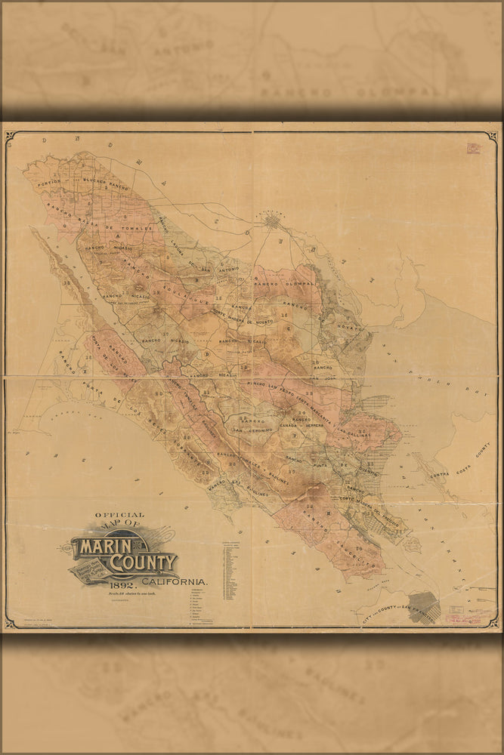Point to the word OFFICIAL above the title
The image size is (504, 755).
pos(119,516)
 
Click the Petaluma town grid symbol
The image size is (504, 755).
pos(273,221)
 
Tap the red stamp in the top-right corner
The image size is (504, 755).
pos(474,148)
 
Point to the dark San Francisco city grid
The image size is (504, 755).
pos(425,606)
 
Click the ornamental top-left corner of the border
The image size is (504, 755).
pos(10,136)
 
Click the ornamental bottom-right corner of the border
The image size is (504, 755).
pos(494,623)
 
